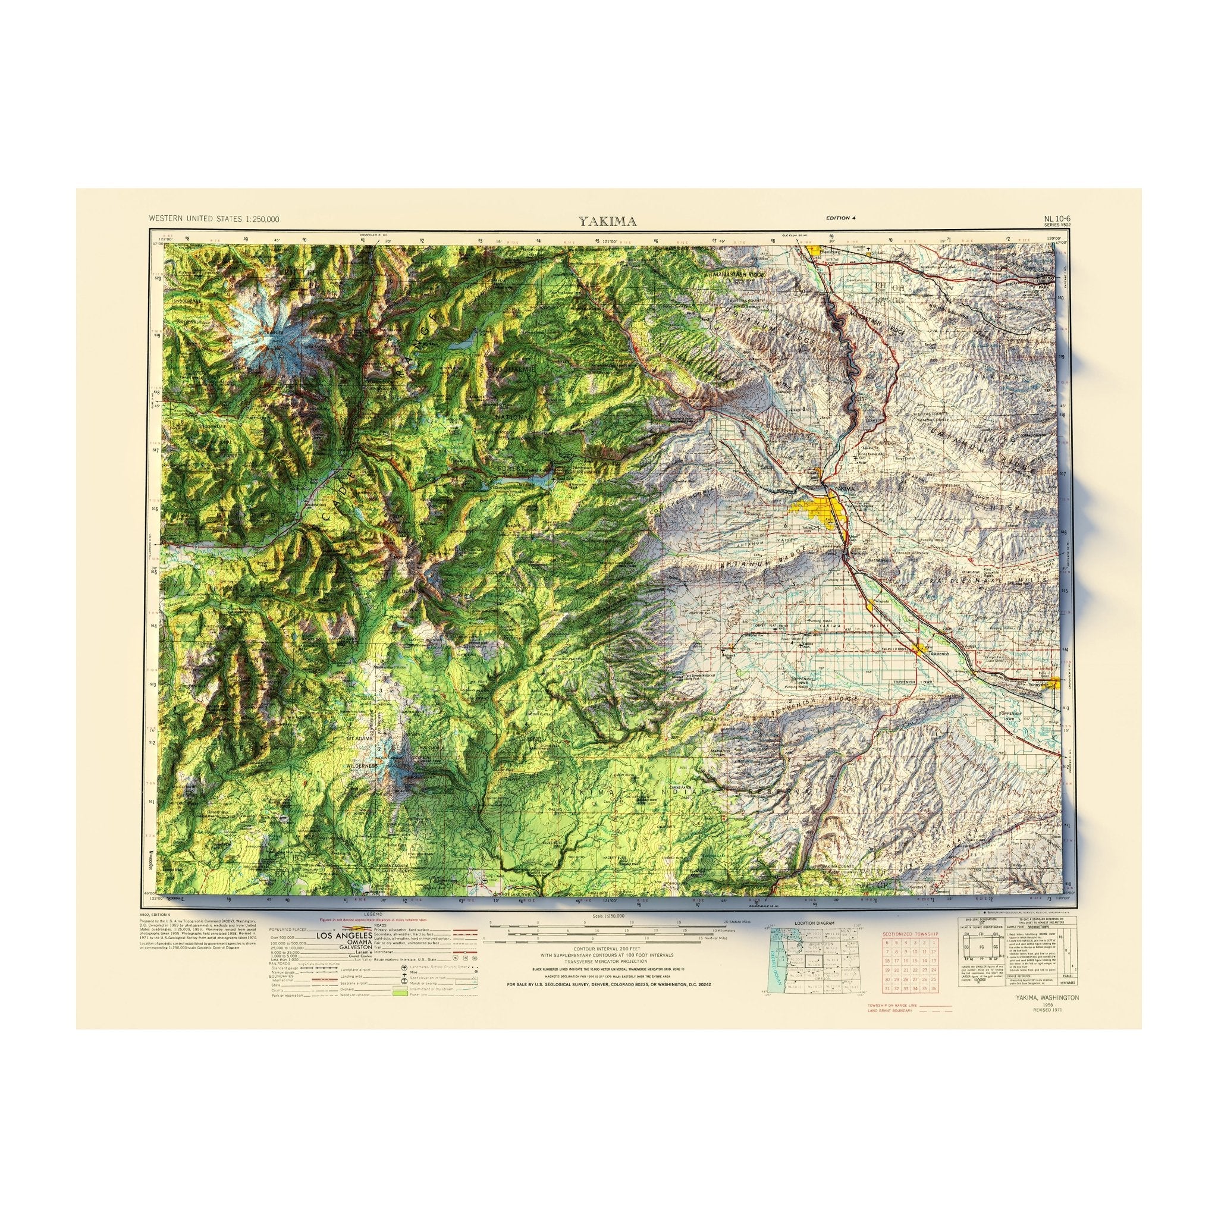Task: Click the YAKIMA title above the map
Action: (x=608, y=221)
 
